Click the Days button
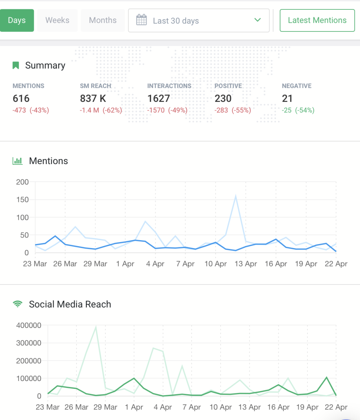click(x=17, y=21)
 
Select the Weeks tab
click(x=57, y=21)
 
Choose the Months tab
click(x=103, y=21)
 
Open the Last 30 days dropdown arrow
click(x=257, y=20)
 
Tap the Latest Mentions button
click(x=317, y=21)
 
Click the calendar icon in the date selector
click(x=141, y=20)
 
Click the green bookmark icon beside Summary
click(x=16, y=66)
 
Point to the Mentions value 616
click(x=21, y=99)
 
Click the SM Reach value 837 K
click(x=93, y=99)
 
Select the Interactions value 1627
click(x=159, y=99)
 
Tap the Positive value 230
click(x=223, y=99)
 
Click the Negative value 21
click(x=287, y=99)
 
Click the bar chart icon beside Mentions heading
click(x=17, y=161)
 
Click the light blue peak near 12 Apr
click(x=236, y=196)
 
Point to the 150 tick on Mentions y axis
click(x=22, y=200)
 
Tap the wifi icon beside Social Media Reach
click(x=17, y=304)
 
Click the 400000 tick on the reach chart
click(x=29, y=325)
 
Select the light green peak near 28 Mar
click(x=96, y=327)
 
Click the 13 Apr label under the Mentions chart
click(x=246, y=264)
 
